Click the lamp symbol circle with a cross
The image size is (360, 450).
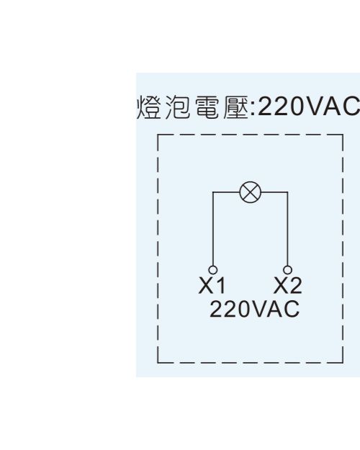(x=251, y=192)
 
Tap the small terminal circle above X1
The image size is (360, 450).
(x=212, y=270)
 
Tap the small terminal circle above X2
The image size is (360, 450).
(x=287, y=270)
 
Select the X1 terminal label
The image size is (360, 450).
(x=212, y=285)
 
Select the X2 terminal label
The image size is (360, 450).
(x=288, y=285)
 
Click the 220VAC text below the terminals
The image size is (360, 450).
(x=255, y=309)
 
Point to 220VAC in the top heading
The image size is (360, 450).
(x=309, y=106)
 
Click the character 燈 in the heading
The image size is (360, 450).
(x=149, y=107)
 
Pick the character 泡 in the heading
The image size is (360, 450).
(x=178, y=107)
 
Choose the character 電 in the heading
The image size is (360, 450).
(x=207, y=107)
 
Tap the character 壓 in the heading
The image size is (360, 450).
(x=235, y=107)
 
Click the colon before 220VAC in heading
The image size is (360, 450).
(x=253, y=109)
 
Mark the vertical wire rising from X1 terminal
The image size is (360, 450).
(x=212, y=229)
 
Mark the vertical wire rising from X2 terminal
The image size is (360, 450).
(x=287, y=229)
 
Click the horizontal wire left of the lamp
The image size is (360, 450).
(x=226, y=192)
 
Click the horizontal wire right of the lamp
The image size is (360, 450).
(x=274, y=192)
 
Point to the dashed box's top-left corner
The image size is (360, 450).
(x=158, y=135)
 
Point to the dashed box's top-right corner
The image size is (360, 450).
(x=343, y=135)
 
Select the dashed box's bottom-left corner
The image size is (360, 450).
(x=158, y=363)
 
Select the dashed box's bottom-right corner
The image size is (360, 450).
(x=343, y=363)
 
